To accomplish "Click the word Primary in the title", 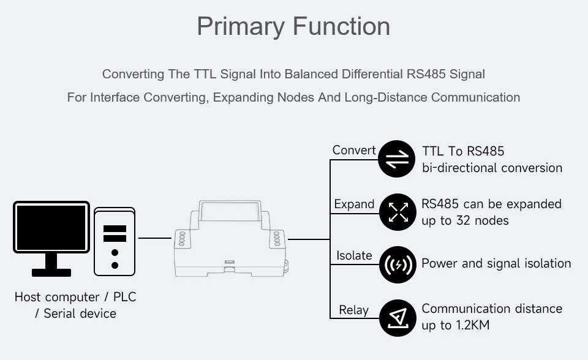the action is tap(241, 27).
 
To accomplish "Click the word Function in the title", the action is tap(342, 26).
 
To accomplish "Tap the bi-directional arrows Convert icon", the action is tap(397, 159).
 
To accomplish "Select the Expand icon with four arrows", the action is tap(398, 212).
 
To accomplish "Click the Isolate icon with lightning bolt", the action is tap(398, 264).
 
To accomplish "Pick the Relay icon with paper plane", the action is tap(398, 318).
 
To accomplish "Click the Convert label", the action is tap(354, 151).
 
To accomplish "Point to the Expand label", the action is tap(355, 204).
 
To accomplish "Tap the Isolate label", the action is tap(355, 255).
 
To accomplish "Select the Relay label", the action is tap(354, 310).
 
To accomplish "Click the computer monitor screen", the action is tap(51, 227).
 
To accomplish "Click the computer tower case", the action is tap(115, 242).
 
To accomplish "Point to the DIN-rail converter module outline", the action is tap(230, 239).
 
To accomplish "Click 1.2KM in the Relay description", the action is tap(472, 325).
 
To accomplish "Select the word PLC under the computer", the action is tap(124, 297).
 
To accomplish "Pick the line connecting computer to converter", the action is tap(155, 238).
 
